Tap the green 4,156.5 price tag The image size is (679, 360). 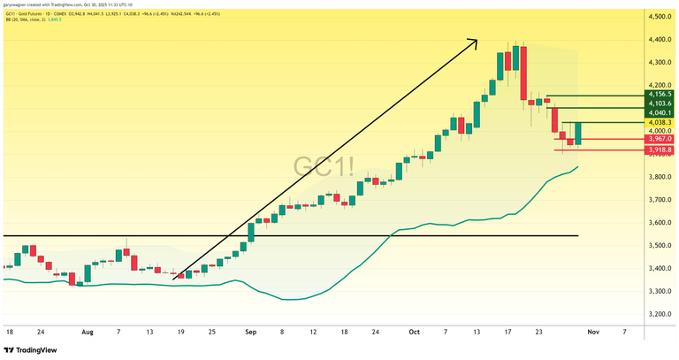(x=660, y=94)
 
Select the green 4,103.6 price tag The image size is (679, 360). (x=660, y=103)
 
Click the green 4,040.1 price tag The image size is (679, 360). (x=660, y=113)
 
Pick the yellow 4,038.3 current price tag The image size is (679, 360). (x=660, y=123)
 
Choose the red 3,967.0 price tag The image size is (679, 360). (x=660, y=139)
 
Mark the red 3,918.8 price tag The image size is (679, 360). (x=660, y=150)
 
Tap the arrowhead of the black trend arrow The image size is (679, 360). (x=475, y=41)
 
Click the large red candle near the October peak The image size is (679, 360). (x=523, y=74)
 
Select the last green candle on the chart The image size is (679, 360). (x=577, y=134)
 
